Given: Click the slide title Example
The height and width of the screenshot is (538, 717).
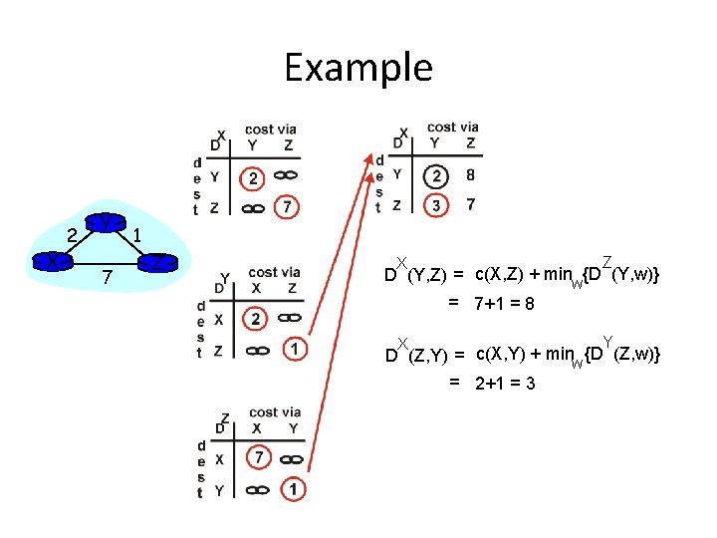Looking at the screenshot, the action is click(x=358, y=68).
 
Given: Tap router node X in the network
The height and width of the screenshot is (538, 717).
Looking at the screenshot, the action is click(x=49, y=261).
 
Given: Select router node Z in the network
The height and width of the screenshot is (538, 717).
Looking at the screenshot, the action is click(x=157, y=263).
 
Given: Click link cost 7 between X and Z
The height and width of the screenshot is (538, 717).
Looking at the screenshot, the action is click(x=106, y=274).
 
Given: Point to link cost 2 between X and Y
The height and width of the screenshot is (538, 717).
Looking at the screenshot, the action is click(x=71, y=235).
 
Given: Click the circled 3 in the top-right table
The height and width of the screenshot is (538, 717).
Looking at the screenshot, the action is click(x=436, y=204).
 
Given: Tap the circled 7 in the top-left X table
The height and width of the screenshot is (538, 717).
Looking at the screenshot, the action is click(x=288, y=207).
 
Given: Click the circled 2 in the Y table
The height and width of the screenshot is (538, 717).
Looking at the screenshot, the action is click(x=256, y=320).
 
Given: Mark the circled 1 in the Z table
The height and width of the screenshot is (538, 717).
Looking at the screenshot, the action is click(x=293, y=489).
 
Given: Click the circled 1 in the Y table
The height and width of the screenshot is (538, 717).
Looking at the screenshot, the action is click(x=294, y=349).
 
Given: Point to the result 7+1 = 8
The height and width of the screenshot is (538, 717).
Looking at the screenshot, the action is click(x=504, y=303).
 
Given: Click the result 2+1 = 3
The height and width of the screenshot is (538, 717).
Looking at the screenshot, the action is click(x=505, y=383).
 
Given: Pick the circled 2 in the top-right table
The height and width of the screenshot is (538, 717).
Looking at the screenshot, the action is click(x=435, y=175).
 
